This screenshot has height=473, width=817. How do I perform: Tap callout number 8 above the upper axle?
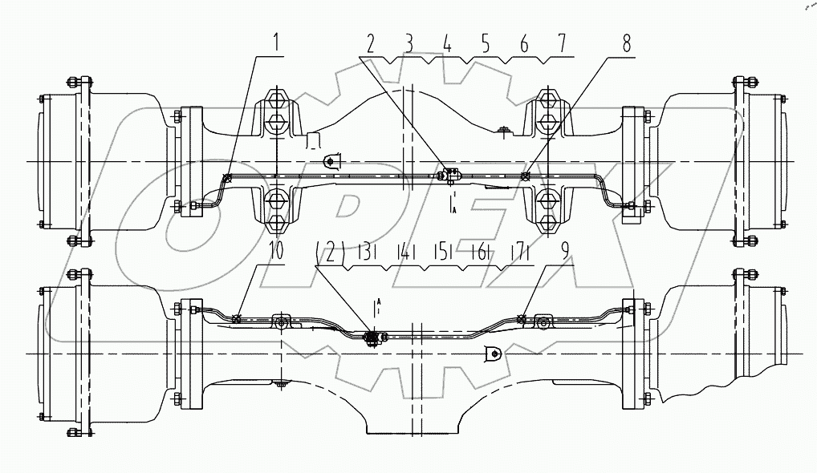625,45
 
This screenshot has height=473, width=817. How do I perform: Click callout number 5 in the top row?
486,44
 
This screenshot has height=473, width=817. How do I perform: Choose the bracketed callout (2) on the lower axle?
331,253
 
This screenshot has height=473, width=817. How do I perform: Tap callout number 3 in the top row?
409,44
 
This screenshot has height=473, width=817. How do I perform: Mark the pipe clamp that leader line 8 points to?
524,176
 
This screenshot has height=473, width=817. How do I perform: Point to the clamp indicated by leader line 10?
236,319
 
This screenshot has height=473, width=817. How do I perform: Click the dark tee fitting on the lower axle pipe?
372,338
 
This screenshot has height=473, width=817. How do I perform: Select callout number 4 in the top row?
447,44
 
